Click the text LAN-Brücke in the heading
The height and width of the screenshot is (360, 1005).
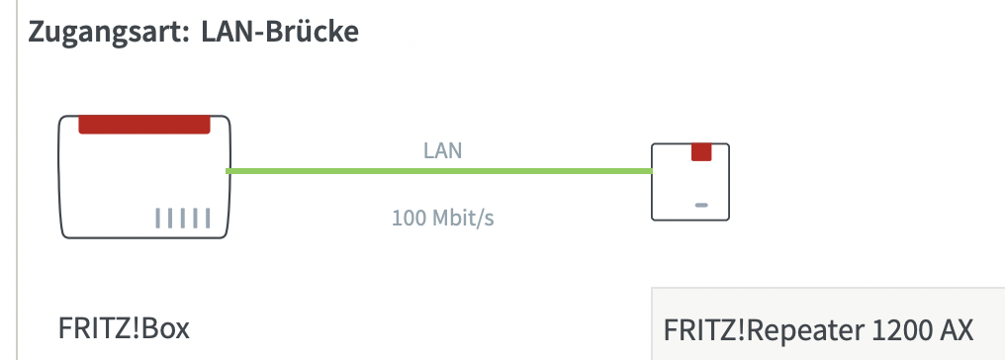[x=280, y=31]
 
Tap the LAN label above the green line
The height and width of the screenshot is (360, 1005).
[x=442, y=150]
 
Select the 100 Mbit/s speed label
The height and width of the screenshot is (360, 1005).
[x=443, y=218]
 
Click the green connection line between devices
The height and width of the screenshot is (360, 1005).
[x=439, y=171]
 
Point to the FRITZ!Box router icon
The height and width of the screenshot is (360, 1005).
[x=144, y=177]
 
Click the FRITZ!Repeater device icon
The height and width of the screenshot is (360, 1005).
[x=690, y=182]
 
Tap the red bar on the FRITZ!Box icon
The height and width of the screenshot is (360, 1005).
[x=144, y=125]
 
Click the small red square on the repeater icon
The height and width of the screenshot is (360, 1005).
[x=701, y=152]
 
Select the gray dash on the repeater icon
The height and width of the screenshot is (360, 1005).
[x=701, y=205]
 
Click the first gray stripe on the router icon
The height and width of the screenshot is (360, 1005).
[x=157, y=219]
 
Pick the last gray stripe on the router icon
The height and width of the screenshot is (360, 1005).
[x=207, y=219]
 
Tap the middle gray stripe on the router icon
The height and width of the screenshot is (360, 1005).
[x=182, y=219]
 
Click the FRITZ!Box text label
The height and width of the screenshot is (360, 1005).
[x=124, y=328]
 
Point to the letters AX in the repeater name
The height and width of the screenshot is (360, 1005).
[x=956, y=330]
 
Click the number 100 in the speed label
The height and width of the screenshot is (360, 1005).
[x=408, y=219]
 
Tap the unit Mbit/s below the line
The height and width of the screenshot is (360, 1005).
[x=463, y=219]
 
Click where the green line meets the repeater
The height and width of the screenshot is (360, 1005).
[x=652, y=171]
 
